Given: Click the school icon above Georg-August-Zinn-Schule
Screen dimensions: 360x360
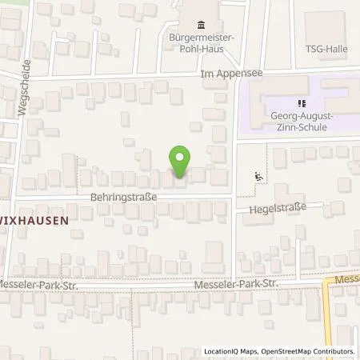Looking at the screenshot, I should (302, 102).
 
